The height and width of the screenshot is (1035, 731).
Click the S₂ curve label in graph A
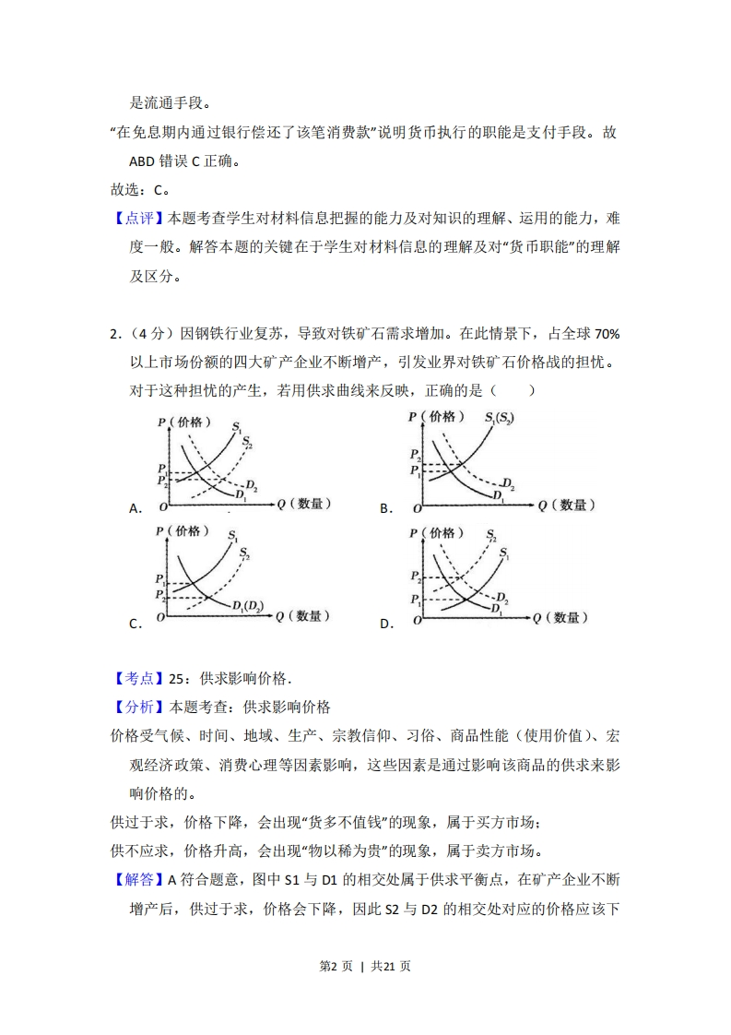pyautogui.click(x=247, y=443)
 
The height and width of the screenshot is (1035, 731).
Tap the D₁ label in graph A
pyautogui.click(x=241, y=496)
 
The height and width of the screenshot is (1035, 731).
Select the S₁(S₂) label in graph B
pyautogui.click(x=499, y=418)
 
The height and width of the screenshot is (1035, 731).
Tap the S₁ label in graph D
pyautogui.click(x=504, y=553)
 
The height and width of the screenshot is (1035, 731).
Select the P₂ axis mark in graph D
pyautogui.click(x=416, y=577)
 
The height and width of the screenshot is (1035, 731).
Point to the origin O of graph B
pyautogui.click(x=417, y=508)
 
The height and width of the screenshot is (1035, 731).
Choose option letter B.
pyautogui.click(x=386, y=508)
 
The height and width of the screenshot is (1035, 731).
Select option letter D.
pyautogui.click(x=386, y=624)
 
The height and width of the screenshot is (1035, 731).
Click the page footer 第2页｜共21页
pyautogui.click(x=365, y=967)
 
